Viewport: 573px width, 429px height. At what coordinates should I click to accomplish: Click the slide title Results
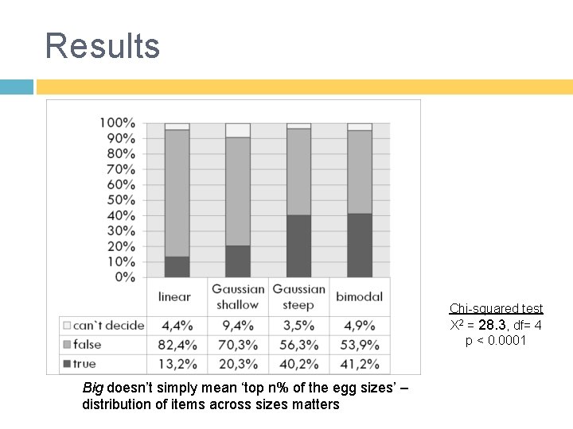(x=103, y=45)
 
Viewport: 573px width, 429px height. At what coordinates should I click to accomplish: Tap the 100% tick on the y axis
(x=117, y=122)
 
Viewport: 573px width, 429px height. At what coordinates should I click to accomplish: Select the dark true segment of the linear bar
(x=177, y=267)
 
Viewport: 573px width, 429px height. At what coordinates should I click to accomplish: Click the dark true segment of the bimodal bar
(x=360, y=245)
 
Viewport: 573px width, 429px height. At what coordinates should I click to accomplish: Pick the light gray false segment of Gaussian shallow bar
(x=237, y=191)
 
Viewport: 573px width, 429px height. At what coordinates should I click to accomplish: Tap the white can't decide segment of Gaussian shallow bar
(x=237, y=130)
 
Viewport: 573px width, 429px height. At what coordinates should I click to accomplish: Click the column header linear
(x=175, y=296)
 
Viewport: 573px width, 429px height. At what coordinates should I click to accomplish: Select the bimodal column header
(x=359, y=296)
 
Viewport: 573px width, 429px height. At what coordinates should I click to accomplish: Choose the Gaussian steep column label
(x=298, y=296)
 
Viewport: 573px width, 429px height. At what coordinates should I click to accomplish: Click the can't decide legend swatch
(x=66, y=325)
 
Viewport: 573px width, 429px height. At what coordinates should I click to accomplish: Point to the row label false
(x=87, y=345)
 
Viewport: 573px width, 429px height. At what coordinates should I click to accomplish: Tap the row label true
(x=84, y=364)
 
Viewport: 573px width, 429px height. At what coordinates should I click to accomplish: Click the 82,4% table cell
(x=177, y=345)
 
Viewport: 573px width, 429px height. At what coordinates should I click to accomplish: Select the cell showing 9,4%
(x=238, y=325)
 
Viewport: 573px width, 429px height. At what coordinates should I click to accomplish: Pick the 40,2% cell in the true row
(x=298, y=364)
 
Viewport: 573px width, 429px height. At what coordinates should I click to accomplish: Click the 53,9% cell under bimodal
(x=360, y=345)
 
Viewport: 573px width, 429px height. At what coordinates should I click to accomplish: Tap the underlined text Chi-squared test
(x=496, y=308)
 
